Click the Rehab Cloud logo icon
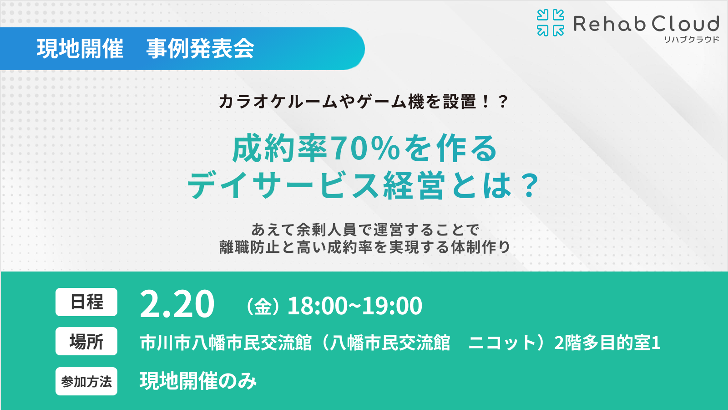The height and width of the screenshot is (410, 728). (x=550, y=23)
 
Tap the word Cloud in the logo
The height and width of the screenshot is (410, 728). (x=685, y=24)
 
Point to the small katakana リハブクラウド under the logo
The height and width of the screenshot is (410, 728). (x=692, y=40)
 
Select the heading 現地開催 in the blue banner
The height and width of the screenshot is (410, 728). (x=80, y=49)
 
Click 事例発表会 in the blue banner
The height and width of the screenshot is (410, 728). (x=200, y=49)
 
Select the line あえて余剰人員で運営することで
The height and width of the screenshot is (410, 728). (x=365, y=230)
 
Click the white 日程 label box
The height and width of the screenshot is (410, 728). (x=86, y=302)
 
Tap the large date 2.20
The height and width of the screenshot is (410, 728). (x=177, y=304)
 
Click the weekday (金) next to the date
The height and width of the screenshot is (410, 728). (x=263, y=307)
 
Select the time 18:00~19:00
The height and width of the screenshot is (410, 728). (x=355, y=306)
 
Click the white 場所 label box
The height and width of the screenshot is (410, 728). (x=86, y=341)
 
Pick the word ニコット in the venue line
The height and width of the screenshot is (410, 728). (x=503, y=343)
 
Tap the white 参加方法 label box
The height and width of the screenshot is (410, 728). (x=86, y=381)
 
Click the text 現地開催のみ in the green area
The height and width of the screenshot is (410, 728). (x=198, y=381)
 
